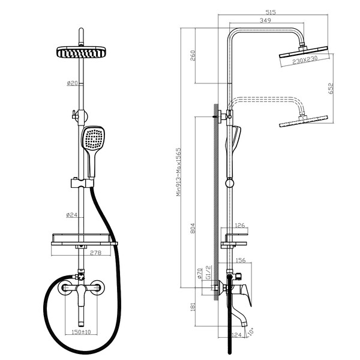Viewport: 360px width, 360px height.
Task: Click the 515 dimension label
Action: (x=271, y=12)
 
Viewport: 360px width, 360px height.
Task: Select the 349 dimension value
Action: (x=265, y=20)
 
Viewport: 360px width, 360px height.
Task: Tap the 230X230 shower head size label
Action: (x=305, y=60)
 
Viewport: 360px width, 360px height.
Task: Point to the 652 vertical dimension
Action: (x=331, y=88)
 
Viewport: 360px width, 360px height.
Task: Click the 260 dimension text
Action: (x=193, y=55)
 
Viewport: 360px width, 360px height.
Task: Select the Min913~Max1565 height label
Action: (x=179, y=172)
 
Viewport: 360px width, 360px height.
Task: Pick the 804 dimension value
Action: (x=193, y=228)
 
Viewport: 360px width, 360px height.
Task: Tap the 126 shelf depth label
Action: (x=240, y=226)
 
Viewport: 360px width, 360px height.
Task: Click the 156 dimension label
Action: (x=241, y=260)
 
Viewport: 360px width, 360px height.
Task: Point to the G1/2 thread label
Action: (x=208, y=272)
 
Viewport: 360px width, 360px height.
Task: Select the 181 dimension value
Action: (x=193, y=307)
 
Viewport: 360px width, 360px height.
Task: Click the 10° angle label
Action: (x=251, y=331)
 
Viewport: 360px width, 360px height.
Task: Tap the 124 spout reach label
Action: (x=237, y=335)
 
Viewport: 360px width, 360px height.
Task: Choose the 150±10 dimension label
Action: (x=81, y=332)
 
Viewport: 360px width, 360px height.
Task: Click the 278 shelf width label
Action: (x=95, y=253)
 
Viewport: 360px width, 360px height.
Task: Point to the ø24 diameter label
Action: (x=71, y=215)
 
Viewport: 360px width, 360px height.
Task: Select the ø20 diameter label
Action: (x=73, y=83)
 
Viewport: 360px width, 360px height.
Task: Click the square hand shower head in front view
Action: (x=94, y=138)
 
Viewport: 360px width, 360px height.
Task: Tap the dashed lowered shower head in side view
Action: (x=303, y=121)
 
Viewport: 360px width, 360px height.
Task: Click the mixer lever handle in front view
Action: (x=81, y=296)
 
